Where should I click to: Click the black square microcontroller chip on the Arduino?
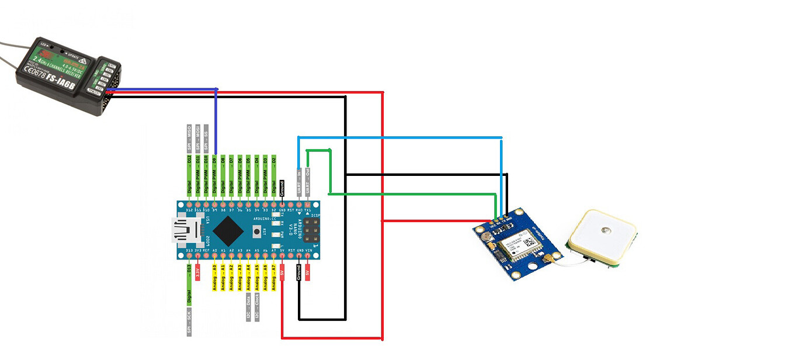tap(228, 231)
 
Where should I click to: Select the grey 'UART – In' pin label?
tap(299, 181)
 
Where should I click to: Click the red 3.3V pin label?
tap(198, 272)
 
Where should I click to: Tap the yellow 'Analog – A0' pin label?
tap(215, 277)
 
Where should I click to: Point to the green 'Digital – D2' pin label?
tap(274, 174)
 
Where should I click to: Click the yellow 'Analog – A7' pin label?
tap(273, 277)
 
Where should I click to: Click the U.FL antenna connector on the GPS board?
tap(549, 259)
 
